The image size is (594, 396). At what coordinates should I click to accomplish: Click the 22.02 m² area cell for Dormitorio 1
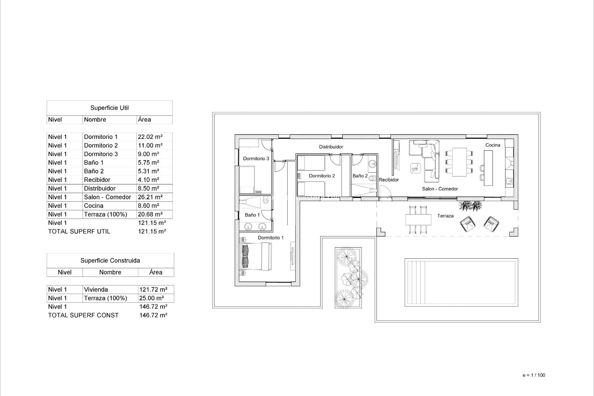[x=150, y=137]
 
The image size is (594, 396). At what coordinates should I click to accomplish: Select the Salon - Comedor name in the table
[x=107, y=197]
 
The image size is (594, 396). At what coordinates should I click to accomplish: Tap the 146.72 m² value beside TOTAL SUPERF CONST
[x=153, y=315]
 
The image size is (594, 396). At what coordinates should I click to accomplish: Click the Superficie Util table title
[x=110, y=108]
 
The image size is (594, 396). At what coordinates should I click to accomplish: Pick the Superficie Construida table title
[x=110, y=260]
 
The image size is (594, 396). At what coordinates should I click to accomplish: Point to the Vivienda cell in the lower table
[x=96, y=290]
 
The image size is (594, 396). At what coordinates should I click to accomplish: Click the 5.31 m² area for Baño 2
[x=148, y=171]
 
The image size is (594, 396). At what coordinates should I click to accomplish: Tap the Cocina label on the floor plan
[x=493, y=145]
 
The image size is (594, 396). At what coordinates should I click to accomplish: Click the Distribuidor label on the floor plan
[x=331, y=147]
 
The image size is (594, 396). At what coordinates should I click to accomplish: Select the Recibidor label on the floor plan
[x=389, y=180]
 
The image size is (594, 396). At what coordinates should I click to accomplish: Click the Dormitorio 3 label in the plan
[x=256, y=159]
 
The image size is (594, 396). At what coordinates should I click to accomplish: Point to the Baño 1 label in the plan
[x=252, y=215]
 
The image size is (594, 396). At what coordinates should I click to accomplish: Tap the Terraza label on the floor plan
[x=445, y=216]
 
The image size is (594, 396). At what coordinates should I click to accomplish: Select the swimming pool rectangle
[x=461, y=282]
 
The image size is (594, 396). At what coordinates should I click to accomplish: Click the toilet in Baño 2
[x=372, y=178]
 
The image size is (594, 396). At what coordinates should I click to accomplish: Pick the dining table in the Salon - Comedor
[x=459, y=162]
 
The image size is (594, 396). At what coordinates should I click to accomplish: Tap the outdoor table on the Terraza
[x=418, y=220]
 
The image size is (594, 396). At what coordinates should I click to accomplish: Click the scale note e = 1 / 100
[x=534, y=375]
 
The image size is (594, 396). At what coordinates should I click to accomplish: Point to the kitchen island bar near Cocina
[x=488, y=168]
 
